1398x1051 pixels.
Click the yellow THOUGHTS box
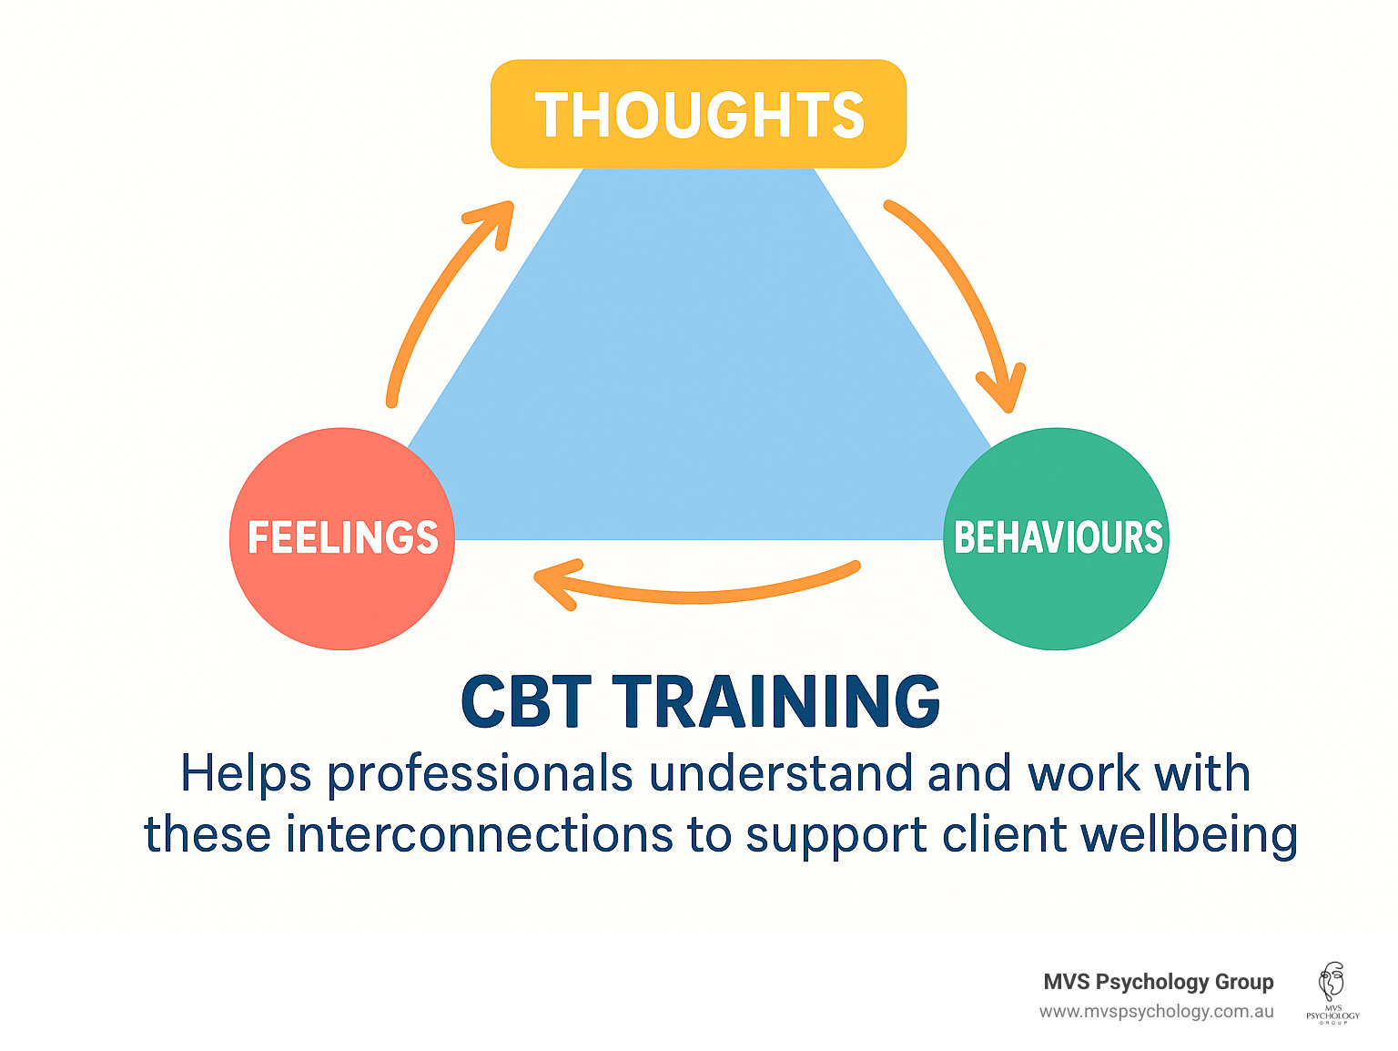(x=698, y=114)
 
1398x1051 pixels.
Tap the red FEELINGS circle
(x=342, y=538)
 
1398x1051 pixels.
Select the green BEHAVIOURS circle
(x=1057, y=538)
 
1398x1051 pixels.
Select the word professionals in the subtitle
(x=480, y=775)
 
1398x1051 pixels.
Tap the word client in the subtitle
(x=1004, y=834)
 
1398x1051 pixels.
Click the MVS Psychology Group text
(x=1158, y=982)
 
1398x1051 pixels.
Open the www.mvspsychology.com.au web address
(x=1156, y=1012)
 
